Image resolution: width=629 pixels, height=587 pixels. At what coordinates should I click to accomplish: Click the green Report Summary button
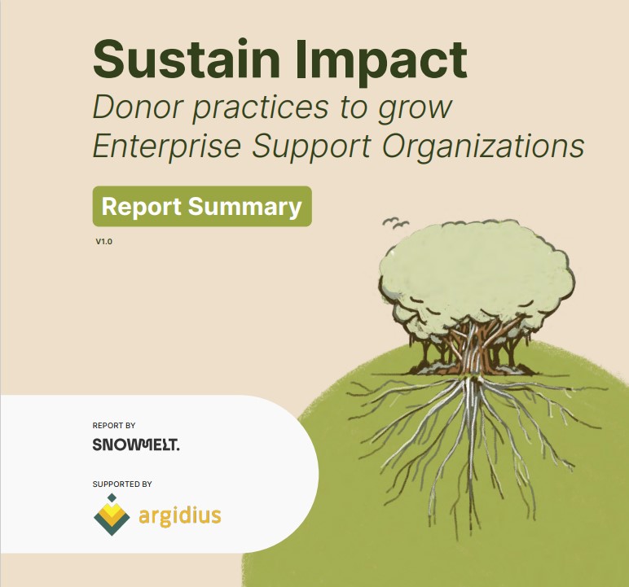point(202,206)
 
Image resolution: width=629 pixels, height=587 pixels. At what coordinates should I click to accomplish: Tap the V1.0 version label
point(103,242)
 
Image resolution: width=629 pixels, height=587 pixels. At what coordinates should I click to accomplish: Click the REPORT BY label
point(114,425)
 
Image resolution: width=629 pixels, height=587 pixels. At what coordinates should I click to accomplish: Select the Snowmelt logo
point(136,445)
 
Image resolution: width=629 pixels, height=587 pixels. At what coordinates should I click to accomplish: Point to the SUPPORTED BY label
point(122,484)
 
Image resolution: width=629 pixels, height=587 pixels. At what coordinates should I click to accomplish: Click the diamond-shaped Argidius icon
point(112,516)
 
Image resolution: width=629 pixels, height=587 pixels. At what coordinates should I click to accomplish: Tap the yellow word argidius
point(179,516)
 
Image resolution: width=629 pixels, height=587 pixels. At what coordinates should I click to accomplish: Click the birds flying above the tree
point(394,221)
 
